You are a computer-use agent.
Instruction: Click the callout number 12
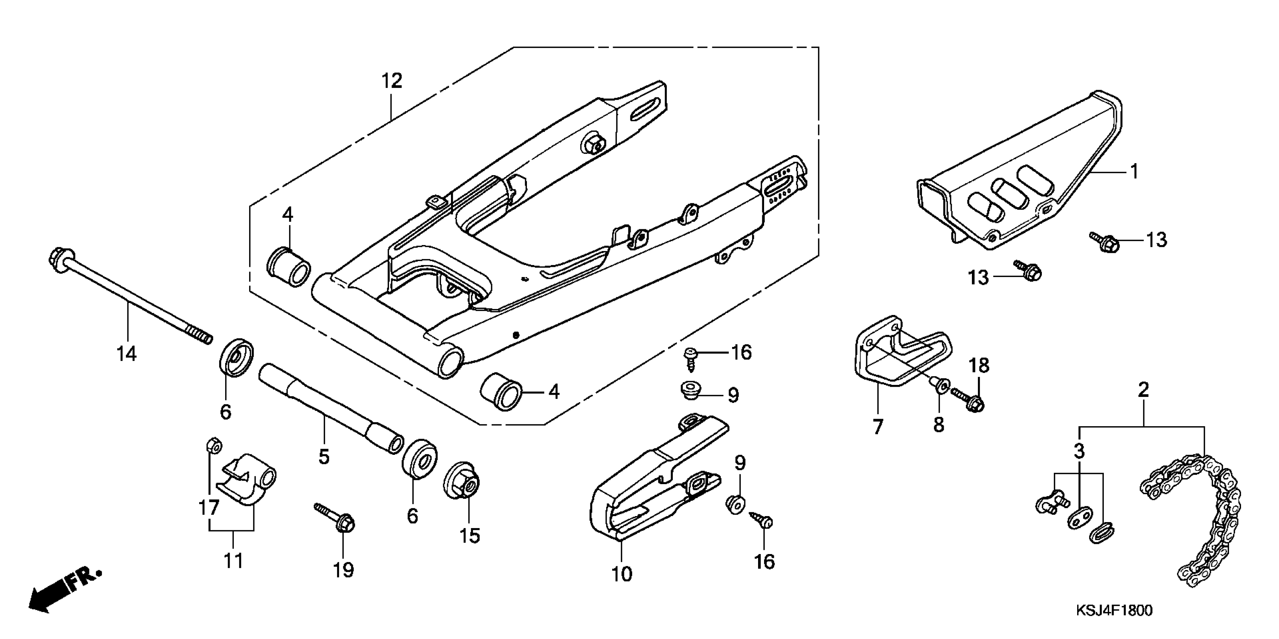click(391, 81)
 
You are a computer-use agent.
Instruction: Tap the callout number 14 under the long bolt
click(127, 354)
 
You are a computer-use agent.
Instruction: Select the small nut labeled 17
click(213, 445)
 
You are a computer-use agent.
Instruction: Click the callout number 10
click(622, 574)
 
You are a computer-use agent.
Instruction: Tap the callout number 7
click(878, 427)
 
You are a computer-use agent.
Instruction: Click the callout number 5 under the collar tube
click(324, 456)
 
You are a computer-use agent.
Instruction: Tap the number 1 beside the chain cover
click(1134, 172)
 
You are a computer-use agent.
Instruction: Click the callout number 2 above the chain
click(1143, 390)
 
